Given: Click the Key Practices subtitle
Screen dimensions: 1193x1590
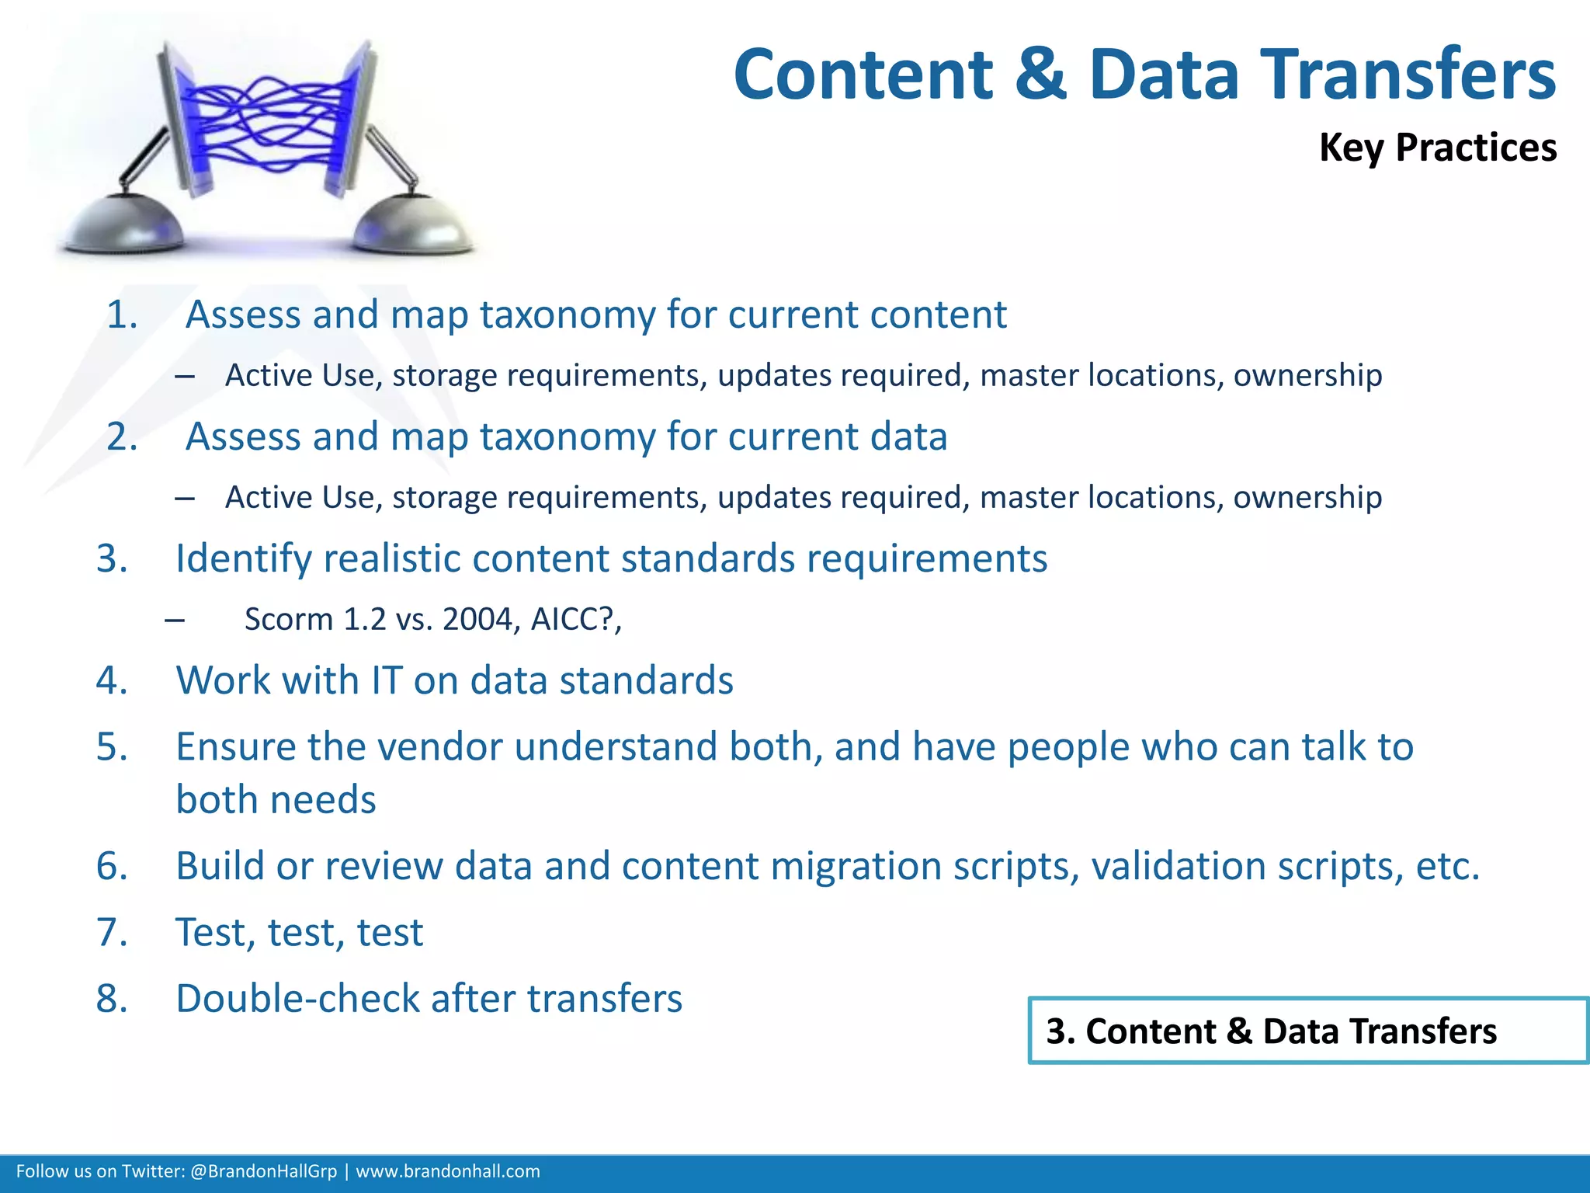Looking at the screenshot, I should coord(1437,148).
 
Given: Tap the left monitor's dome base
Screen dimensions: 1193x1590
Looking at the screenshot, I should coord(124,228).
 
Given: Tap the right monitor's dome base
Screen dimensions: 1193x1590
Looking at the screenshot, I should coord(411,228).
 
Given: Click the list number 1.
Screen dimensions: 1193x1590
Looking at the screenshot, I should coord(122,315).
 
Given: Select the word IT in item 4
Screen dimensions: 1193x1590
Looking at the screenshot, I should coord(387,681).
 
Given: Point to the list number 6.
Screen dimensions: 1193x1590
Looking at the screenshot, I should coord(112,867).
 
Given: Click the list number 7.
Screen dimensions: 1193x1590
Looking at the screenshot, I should coord(112,933).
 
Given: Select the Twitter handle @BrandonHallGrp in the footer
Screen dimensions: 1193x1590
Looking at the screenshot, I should coord(263,1171).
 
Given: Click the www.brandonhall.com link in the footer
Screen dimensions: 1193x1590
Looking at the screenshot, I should coord(448,1171).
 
